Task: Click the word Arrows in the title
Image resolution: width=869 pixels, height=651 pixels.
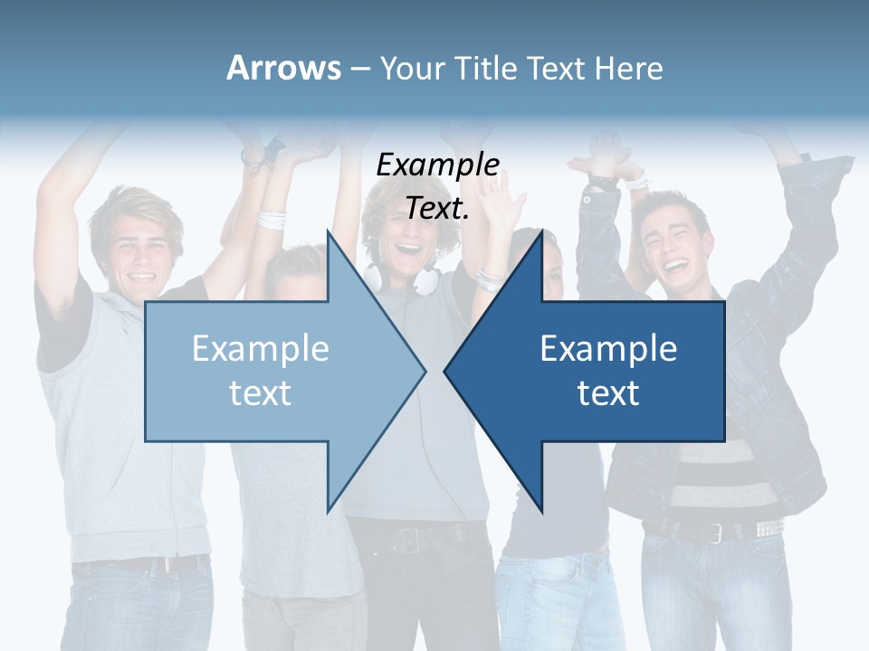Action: click(x=284, y=68)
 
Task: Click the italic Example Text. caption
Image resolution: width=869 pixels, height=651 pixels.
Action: click(x=437, y=186)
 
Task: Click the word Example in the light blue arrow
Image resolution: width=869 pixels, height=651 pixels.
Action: click(x=261, y=349)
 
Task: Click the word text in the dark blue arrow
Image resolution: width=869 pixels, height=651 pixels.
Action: click(x=608, y=392)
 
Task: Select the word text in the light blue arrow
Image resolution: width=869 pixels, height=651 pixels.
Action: click(x=261, y=392)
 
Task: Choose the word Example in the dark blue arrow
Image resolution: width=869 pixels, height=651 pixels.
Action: click(x=608, y=349)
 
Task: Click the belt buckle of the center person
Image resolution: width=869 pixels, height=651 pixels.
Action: click(x=405, y=540)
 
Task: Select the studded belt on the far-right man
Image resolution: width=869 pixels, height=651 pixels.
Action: click(x=760, y=528)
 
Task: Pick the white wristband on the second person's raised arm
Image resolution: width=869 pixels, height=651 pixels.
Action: click(x=272, y=218)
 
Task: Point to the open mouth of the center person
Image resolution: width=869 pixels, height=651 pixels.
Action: click(x=409, y=248)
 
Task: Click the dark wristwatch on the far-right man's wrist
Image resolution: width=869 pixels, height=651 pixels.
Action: click(x=601, y=180)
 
